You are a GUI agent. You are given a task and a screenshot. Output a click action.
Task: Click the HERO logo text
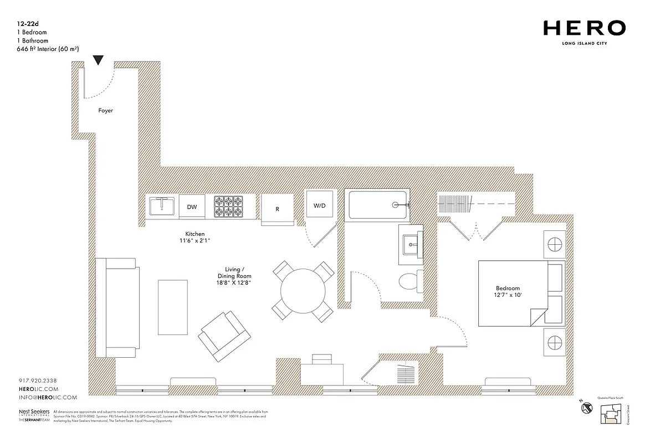[x=584, y=28]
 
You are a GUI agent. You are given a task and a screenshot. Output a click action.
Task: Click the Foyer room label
[x=105, y=111]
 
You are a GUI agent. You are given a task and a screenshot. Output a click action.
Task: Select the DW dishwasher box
[x=192, y=207]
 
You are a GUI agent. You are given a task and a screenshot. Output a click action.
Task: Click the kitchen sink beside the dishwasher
[x=161, y=207]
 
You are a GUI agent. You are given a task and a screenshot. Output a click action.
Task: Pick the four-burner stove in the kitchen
[x=229, y=207]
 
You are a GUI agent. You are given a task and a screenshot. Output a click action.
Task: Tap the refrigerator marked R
[x=277, y=209]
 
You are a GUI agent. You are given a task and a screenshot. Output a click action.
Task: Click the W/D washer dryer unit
[x=320, y=205]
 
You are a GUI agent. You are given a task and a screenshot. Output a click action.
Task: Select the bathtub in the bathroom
[x=377, y=205]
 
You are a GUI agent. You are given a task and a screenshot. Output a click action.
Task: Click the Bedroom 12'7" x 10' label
[x=508, y=292]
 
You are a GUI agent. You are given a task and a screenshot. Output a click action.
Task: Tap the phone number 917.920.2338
[x=38, y=380]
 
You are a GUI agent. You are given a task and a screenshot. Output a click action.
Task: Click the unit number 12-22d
[x=28, y=24]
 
